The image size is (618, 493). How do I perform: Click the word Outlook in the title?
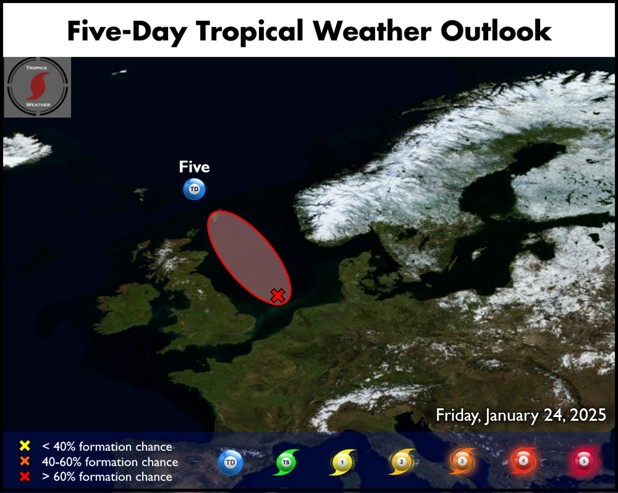click(x=496, y=31)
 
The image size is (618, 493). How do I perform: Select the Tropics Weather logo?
click(x=38, y=87)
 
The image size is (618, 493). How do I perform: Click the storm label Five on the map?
click(x=194, y=167)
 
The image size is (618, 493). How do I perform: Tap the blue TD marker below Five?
click(x=194, y=189)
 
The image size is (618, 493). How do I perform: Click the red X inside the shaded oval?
click(x=278, y=295)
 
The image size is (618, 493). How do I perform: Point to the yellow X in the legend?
click(x=25, y=445)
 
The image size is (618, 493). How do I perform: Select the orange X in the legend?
click(x=25, y=461)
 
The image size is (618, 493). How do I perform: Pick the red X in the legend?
click(x=25, y=476)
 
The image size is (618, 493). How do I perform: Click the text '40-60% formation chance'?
click(x=110, y=462)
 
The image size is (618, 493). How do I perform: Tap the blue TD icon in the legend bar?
click(x=231, y=462)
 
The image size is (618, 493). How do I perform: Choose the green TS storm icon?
click(x=286, y=462)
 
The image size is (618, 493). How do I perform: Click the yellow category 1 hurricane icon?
click(x=342, y=462)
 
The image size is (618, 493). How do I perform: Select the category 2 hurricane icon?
click(x=402, y=462)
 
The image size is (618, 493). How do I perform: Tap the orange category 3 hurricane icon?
click(x=462, y=461)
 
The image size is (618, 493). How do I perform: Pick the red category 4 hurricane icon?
click(x=523, y=461)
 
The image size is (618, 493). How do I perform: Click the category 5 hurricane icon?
click(x=584, y=461)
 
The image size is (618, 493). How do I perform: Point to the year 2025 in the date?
click(x=588, y=415)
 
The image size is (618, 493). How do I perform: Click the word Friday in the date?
click(x=458, y=416)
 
